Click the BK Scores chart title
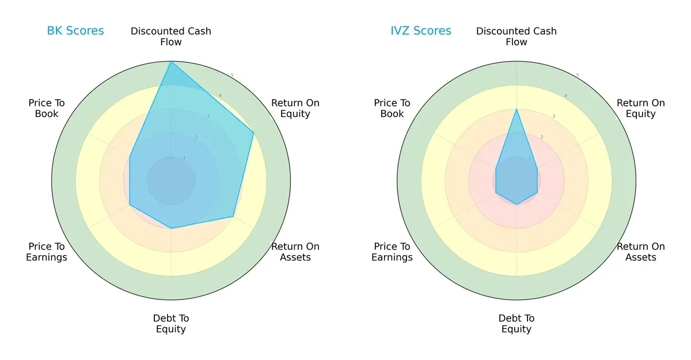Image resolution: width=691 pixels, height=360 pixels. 75,31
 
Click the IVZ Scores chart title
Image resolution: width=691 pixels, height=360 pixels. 421,31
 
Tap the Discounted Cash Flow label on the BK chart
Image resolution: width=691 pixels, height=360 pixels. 171,36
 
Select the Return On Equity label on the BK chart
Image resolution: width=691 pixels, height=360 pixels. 295,108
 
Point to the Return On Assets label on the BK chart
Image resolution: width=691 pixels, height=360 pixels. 295,252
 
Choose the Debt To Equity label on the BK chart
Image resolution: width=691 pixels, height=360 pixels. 171,324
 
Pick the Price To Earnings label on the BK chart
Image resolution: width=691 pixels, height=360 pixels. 47,252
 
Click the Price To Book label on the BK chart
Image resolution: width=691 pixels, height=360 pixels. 47,108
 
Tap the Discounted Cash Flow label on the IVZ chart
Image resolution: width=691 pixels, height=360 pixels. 517,36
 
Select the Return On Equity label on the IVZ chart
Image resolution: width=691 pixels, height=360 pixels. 641,108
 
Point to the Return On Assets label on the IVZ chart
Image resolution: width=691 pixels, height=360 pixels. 641,252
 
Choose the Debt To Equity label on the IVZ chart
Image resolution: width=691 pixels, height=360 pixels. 517,324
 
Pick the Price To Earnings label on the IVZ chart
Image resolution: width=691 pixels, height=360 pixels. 392,252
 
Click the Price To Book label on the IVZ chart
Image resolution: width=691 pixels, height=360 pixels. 392,108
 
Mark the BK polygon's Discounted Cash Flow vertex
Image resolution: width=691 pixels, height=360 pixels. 171,62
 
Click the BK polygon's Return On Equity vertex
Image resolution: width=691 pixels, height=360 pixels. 254,132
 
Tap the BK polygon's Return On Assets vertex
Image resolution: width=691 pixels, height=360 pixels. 233,217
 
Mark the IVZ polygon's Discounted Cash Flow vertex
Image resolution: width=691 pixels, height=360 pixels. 517,109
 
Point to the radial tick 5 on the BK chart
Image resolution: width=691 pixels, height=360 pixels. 232,75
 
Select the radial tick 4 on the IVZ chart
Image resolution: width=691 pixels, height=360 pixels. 565,96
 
